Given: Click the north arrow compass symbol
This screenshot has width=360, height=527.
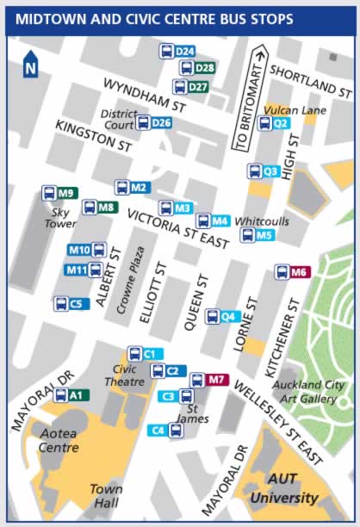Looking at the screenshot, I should pos(30,65).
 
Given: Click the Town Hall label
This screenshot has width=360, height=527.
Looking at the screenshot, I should pos(106,494).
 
